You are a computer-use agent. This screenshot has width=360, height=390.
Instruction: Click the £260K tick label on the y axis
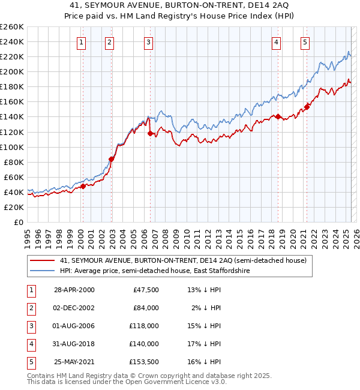click(x=12, y=27)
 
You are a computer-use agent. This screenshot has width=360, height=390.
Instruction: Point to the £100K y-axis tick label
click(x=12, y=147)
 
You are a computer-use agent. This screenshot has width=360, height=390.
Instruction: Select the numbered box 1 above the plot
click(x=81, y=42)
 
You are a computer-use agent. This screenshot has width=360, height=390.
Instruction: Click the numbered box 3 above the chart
click(x=148, y=42)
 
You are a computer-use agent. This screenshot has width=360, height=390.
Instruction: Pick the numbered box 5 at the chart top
click(x=305, y=42)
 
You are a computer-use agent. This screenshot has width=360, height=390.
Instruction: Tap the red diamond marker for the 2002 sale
click(x=111, y=159)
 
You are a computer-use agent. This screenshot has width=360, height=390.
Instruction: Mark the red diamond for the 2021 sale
click(x=307, y=107)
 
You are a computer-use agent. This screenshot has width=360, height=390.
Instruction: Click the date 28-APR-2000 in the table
click(x=74, y=290)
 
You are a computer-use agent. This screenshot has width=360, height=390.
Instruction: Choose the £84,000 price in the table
click(x=146, y=308)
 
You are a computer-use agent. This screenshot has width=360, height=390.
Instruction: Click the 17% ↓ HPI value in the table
click(x=205, y=344)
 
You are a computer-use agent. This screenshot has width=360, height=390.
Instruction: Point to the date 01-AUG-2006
click(x=74, y=326)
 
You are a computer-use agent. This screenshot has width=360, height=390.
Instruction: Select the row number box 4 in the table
click(x=31, y=344)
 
